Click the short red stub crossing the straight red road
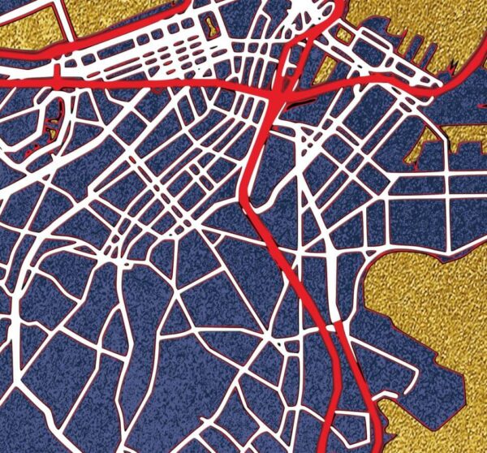(x=57, y=77)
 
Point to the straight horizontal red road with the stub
(x=122, y=81)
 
